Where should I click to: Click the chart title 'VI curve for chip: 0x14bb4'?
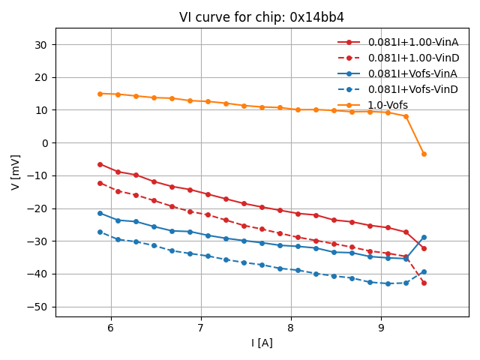[262, 17]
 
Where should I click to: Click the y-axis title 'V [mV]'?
[16, 172]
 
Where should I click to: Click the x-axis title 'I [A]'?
[262, 343]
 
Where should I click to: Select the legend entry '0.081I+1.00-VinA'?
[412, 42]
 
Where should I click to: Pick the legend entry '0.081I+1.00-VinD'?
[412, 58]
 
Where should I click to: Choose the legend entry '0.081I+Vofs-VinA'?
[412, 73]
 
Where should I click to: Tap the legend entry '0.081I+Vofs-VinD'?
[412, 89]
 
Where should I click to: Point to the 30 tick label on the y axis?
[40, 45]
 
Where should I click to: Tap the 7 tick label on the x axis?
[200, 328]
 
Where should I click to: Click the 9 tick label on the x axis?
[381, 328]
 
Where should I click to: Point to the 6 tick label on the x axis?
[110, 328]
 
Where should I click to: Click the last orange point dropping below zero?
[424, 154]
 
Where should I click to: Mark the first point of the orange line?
[100, 94]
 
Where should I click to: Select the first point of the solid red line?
[100, 164]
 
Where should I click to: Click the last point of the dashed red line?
[424, 283]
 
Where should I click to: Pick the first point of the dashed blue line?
[100, 232]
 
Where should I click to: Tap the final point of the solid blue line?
[424, 237]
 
